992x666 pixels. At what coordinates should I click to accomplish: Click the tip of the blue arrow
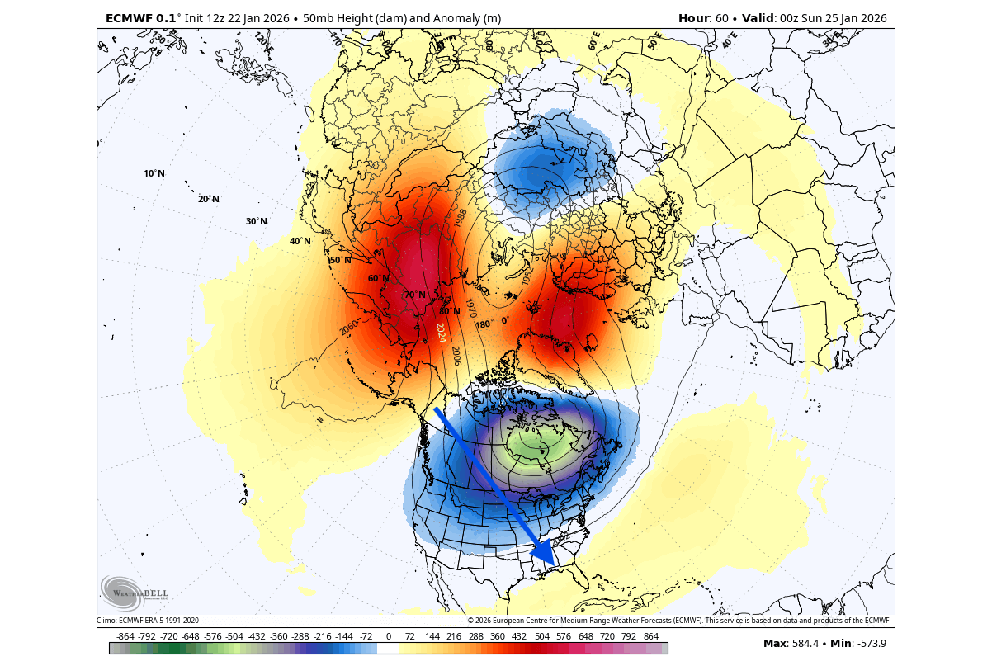click(x=554, y=566)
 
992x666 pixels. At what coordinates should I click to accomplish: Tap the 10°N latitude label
click(x=154, y=173)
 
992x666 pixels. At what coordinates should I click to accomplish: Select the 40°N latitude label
click(x=300, y=241)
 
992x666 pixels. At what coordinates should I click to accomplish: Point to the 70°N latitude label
click(x=415, y=295)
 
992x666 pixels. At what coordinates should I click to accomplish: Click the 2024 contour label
click(x=441, y=333)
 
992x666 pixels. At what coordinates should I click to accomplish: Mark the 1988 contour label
click(x=460, y=218)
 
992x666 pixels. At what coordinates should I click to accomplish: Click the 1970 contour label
click(x=471, y=309)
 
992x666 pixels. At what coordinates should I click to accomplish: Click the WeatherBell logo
click(x=135, y=592)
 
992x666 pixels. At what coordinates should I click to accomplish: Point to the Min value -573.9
click(x=872, y=643)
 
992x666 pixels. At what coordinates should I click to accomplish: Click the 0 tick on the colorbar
click(x=388, y=637)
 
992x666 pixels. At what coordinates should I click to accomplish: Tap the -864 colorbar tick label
click(x=125, y=637)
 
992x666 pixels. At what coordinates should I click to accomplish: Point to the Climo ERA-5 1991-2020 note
click(x=148, y=621)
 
